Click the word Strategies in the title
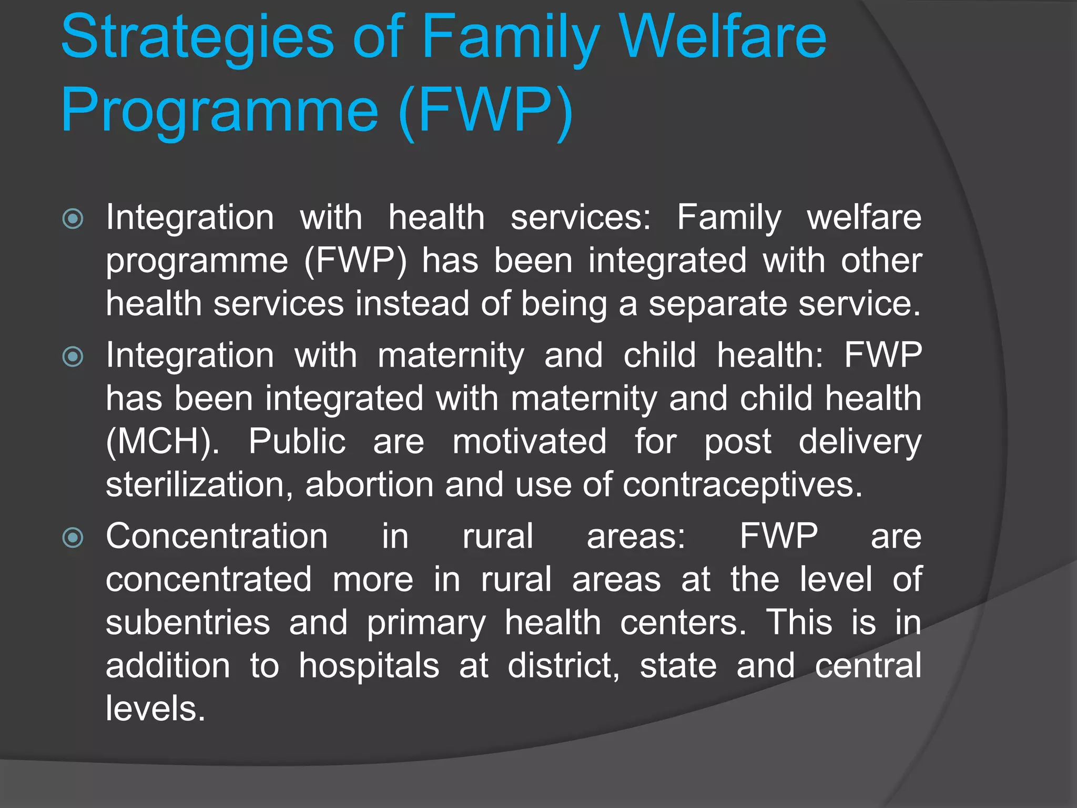click(197, 38)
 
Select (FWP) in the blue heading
click(485, 110)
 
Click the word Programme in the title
click(219, 110)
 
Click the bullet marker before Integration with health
click(73, 219)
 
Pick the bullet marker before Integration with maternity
click(73, 357)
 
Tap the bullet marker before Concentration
click(73, 538)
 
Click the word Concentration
click(217, 537)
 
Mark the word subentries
click(188, 623)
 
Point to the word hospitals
click(369, 666)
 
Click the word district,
click(564, 666)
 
